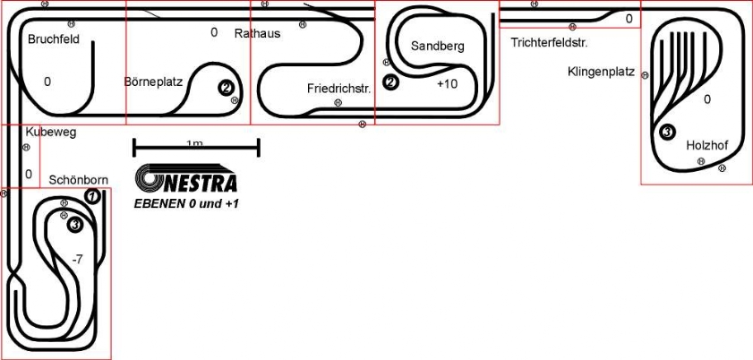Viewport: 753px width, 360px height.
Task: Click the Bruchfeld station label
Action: pyautogui.click(x=54, y=39)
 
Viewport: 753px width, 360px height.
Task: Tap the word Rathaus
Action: pyautogui.click(x=257, y=34)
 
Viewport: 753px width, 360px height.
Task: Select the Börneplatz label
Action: pyautogui.click(x=153, y=81)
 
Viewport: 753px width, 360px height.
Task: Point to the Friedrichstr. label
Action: pyautogui.click(x=339, y=89)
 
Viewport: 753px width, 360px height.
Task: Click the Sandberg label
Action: pyautogui.click(x=438, y=46)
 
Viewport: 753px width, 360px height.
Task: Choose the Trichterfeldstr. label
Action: pyautogui.click(x=550, y=43)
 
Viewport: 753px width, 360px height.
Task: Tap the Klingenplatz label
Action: pyautogui.click(x=602, y=72)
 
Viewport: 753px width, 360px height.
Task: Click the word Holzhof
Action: pyautogui.click(x=707, y=145)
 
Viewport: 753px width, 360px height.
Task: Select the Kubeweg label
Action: pyautogui.click(x=51, y=133)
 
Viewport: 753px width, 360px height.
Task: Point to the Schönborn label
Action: pyautogui.click(x=79, y=180)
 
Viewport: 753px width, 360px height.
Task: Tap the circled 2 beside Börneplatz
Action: pyautogui.click(x=227, y=88)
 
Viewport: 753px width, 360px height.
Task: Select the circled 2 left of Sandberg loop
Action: pyautogui.click(x=390, y=82)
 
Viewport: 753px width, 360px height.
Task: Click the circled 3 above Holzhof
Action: pyautogui.click(x=668, y=132)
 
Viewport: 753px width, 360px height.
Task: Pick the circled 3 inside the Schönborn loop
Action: pyautogui.click(x=75, y=224)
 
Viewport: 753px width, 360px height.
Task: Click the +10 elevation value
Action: pyautogui.click(x=447, y=84)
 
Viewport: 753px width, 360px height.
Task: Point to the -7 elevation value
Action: pyautogui.click(x=77, y=260)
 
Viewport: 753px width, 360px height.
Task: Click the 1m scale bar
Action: pyautogui.click(x=196, y=148)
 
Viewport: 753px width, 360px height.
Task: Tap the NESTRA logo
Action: pyautogui.click(x=186, y=178)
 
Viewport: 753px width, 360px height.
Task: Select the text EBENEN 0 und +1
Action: pyautogui.click(x=186, y=204)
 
